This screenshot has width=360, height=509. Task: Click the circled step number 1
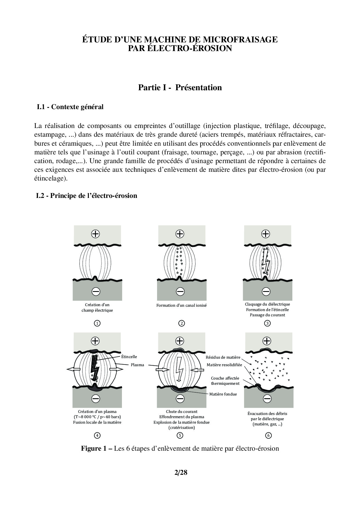pos(97,323)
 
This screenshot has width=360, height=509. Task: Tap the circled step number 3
pos(267,323)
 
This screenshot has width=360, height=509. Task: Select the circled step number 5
pos(180,435)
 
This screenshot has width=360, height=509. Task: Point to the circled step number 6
pos(268,435)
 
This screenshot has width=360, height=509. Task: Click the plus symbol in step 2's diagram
pos(180,234)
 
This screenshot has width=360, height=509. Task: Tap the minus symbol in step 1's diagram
pos(96,291)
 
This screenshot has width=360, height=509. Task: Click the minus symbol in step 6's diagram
pos(267,398)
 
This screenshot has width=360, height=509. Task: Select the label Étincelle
pos(129,357)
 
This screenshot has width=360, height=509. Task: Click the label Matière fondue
pos(223,394)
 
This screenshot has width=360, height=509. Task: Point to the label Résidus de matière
pos(223,357)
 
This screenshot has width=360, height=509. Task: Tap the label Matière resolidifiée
pos(224,365)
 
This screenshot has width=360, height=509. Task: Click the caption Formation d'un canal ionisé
pos(181,305)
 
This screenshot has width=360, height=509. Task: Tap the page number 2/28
pos(181,473)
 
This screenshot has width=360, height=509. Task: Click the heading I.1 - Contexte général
pos(70,107)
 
